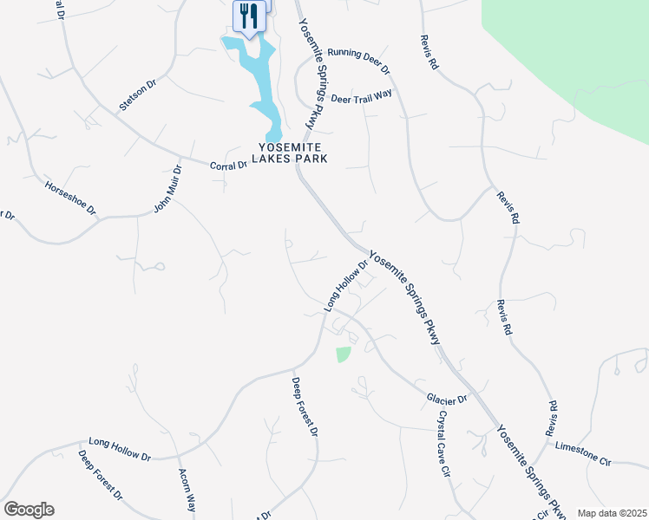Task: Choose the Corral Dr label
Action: point(229,165)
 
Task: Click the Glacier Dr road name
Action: point(447,398)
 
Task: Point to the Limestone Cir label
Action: point(582,452)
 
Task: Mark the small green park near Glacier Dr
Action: point(343,354)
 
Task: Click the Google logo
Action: point(29,510)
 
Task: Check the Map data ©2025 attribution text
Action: point(611,513)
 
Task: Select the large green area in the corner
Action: point(581,61)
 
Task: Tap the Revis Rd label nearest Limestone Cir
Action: point(550,419)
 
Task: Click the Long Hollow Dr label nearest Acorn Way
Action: point(119,449)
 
